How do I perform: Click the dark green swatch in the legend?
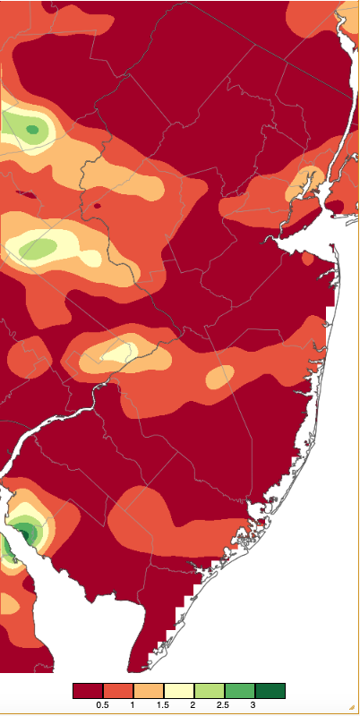pos(270,691)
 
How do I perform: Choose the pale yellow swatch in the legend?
pos(178,691)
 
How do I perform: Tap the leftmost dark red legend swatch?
pos(88,691)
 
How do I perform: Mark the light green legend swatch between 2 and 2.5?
pos(209,691)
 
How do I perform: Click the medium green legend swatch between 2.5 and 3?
pos(239,691)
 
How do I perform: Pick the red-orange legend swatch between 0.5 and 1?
pos(118,691)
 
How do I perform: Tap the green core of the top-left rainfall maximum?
pos(33,131)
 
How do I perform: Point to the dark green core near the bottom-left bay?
pos(28,534)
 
